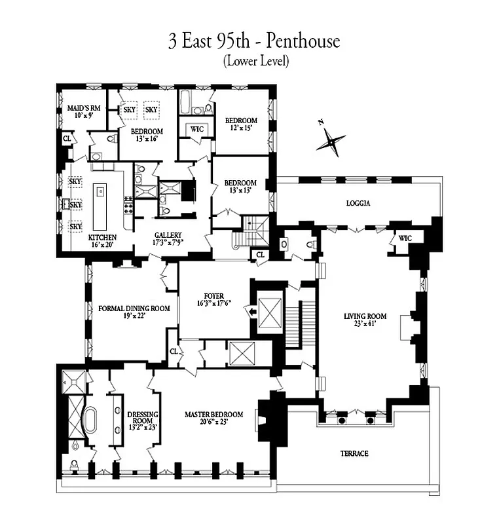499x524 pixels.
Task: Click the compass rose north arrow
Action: pos(331,139)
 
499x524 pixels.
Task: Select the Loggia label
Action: pos(358,203)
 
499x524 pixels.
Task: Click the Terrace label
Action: pos(354,453)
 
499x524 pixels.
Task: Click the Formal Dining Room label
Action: pos(134,308)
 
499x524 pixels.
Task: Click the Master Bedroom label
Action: pos(213,414)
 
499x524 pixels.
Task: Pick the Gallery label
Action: pos(168,235)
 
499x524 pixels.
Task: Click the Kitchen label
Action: pos(103,237)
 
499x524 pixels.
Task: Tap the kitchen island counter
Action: pos(102,202)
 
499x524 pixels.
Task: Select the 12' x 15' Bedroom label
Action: pos(241,121)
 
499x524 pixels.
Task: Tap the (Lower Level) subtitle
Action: pos(256,61)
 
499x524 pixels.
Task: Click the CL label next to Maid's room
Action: pos(67,139)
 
